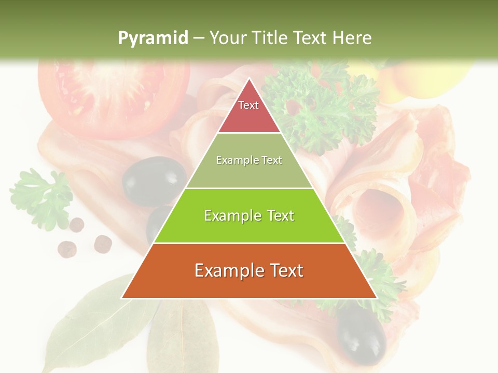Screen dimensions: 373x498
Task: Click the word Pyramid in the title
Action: (x=153, y=38)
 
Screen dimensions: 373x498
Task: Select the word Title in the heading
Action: (x=270, y=38)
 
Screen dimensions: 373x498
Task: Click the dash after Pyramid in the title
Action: (x=199, y=38)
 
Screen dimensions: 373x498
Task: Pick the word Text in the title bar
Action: (x=310, y=38)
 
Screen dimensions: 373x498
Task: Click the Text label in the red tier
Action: (x=248, y=105)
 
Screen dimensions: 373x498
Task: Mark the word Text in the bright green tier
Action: (x=280, y=216)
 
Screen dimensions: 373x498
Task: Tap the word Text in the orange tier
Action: (x=285, y=270)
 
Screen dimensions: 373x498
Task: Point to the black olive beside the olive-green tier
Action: (x=154, y=180)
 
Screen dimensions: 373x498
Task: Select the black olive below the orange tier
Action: (x=361, y=335)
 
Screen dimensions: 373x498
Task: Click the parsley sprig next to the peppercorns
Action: (x=41, y=197)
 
